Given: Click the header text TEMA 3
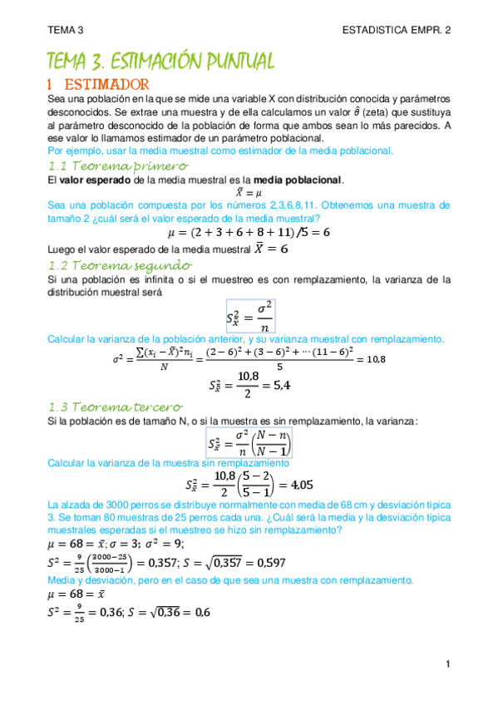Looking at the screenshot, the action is (x=66, y=30).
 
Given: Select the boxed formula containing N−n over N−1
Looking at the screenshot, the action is (x=250, y=441).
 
